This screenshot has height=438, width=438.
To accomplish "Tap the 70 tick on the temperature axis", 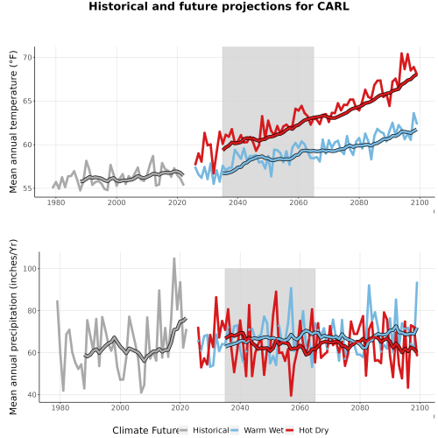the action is [x=28, y=58].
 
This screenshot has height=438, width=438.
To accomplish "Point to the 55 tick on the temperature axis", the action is [x=28, y=188].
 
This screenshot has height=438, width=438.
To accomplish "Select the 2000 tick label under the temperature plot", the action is [x=117, y=202].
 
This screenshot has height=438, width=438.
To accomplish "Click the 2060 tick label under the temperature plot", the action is [x=299, y=202].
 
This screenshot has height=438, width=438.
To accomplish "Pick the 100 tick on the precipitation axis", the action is [x=31, y=269].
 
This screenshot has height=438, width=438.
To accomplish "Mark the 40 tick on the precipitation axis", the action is [x=32, y=395].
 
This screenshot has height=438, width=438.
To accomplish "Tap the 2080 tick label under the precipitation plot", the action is [x=360, y=407].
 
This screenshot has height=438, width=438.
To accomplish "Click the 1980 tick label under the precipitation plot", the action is [x=60, y=407].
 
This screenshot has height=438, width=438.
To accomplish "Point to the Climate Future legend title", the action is [x=145, y=430].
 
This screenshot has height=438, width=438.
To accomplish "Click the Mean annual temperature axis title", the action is [x=13, y=122].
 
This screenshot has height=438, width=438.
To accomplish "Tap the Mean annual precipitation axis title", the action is [x=13, y=327].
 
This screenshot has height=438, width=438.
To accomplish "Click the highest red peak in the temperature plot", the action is [x=402, y=53].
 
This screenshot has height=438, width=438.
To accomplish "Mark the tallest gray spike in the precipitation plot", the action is [x=174, y=258].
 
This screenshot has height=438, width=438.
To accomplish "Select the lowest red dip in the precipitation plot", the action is [x=291, y=395].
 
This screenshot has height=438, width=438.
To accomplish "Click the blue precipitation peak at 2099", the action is [x=417, y=283].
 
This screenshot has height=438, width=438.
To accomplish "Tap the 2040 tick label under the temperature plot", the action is [x=237, y=202].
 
